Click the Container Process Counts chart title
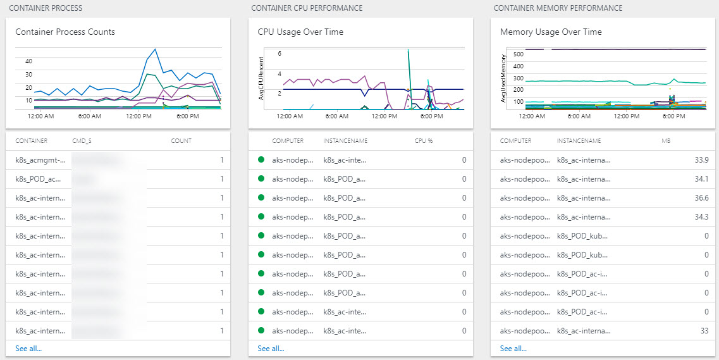65,32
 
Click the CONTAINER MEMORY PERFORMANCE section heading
558,8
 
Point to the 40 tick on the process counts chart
28,61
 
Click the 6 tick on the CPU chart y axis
280,54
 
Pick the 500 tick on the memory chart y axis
519,54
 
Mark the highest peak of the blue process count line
155,49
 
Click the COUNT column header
181,141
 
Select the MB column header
665,141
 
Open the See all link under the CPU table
271,349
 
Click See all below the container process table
28,349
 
